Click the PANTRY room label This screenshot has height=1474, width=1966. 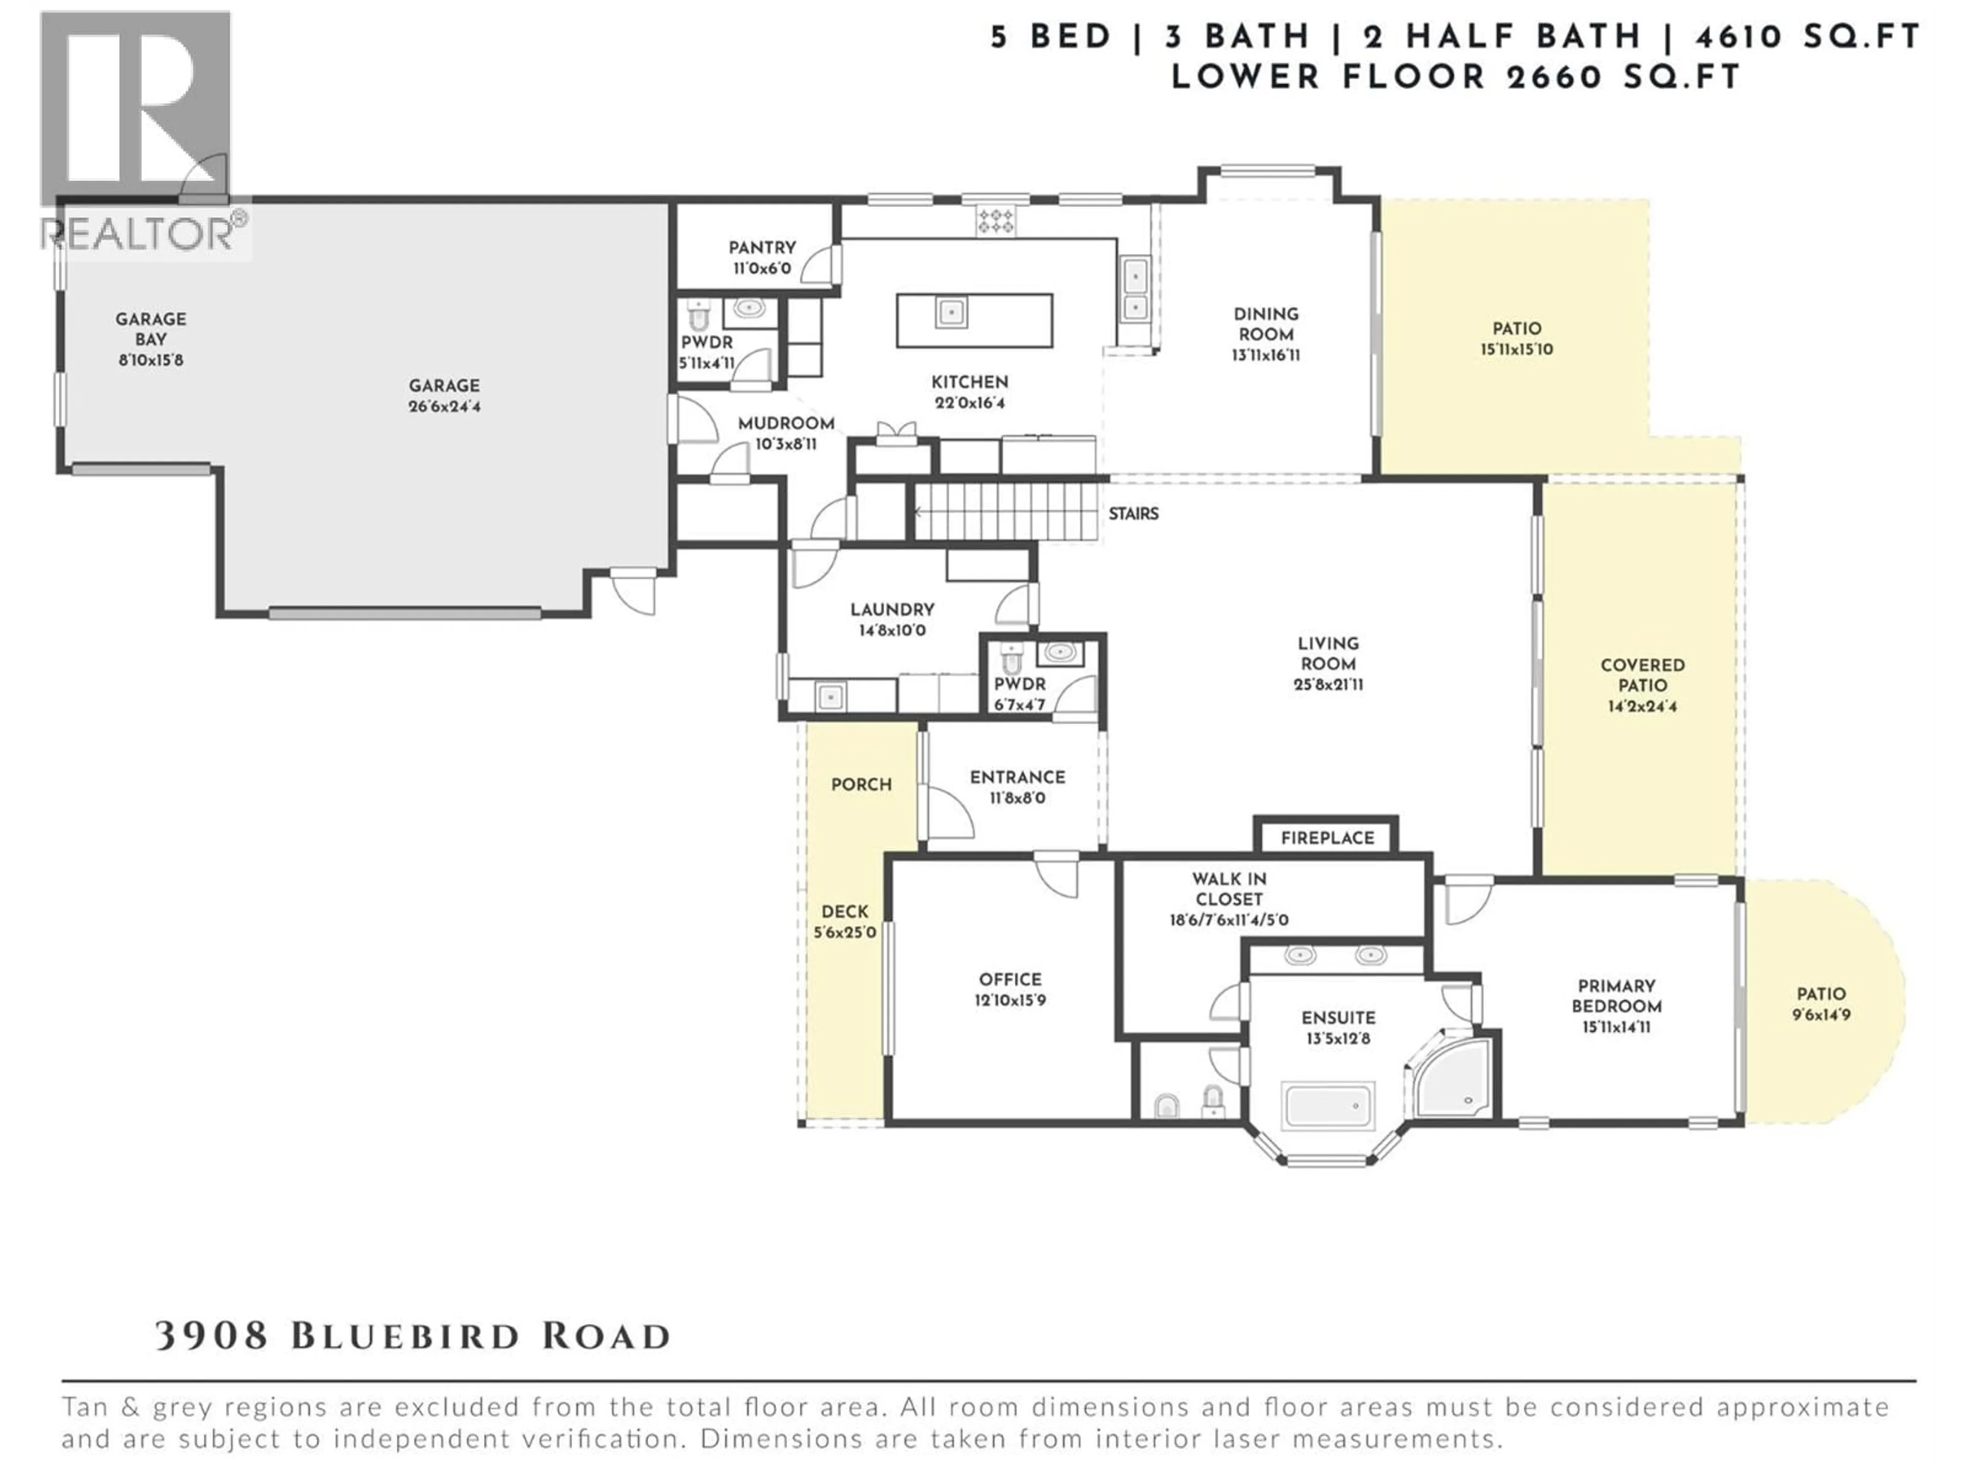click(x=762, y=248)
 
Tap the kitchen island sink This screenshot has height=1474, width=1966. click(x=951, y=312)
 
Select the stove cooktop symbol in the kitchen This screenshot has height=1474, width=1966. click(x=995, y=221)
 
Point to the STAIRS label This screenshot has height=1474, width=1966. click(x=1133, y=513)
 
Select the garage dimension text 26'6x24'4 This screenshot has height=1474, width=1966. click(x=444, y=407)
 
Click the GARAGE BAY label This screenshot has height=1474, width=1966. click(x=151, y=329)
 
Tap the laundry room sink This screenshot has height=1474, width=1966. click(x=829, y=697)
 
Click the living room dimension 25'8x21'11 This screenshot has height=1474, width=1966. click(x=1328, y=685)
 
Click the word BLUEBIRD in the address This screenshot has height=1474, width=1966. click(x=404, y=1336)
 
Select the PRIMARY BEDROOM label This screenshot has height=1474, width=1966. click(x=1616, y=996)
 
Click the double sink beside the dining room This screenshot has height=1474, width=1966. click(x=1135, y=291)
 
